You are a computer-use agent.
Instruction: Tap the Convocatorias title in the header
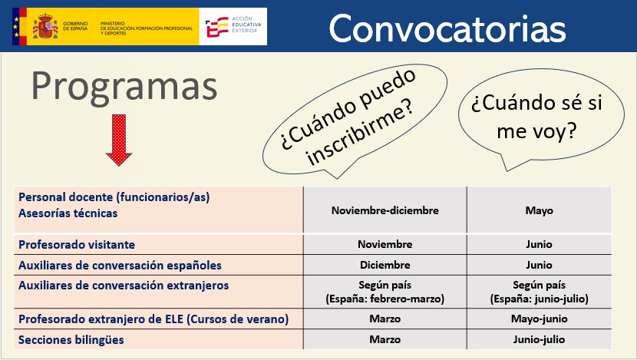(x=447, y=28)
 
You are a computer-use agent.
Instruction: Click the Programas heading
(x=124, y=87)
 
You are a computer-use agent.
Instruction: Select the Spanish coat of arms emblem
(x=45, y=26)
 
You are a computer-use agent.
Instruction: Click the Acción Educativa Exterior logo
(x=233, y=26)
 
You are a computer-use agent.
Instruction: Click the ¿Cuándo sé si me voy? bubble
(x=541, y=119)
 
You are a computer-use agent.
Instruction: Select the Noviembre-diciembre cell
(x=385, y=210)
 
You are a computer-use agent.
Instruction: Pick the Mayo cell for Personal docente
(x=539, y=211)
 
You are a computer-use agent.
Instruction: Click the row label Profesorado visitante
(x=77, y=245)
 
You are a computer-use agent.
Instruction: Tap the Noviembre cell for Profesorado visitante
(x=385, y=244)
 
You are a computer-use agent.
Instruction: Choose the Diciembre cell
(x=385, y=265)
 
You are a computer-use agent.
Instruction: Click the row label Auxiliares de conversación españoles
(x=120, y=266)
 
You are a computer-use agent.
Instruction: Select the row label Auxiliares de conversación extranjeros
(x=124, y=286)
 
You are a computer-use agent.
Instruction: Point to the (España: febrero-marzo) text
(x=385, y=299)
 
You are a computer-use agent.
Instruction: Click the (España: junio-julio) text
(x=539, y=299)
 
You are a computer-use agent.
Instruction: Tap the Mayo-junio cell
(x=539, y=319)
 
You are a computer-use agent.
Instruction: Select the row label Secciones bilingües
(x=71, y=340)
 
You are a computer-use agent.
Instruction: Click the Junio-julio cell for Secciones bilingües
(x=539, y=339)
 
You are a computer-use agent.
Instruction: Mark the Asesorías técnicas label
(x=68, y=213)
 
